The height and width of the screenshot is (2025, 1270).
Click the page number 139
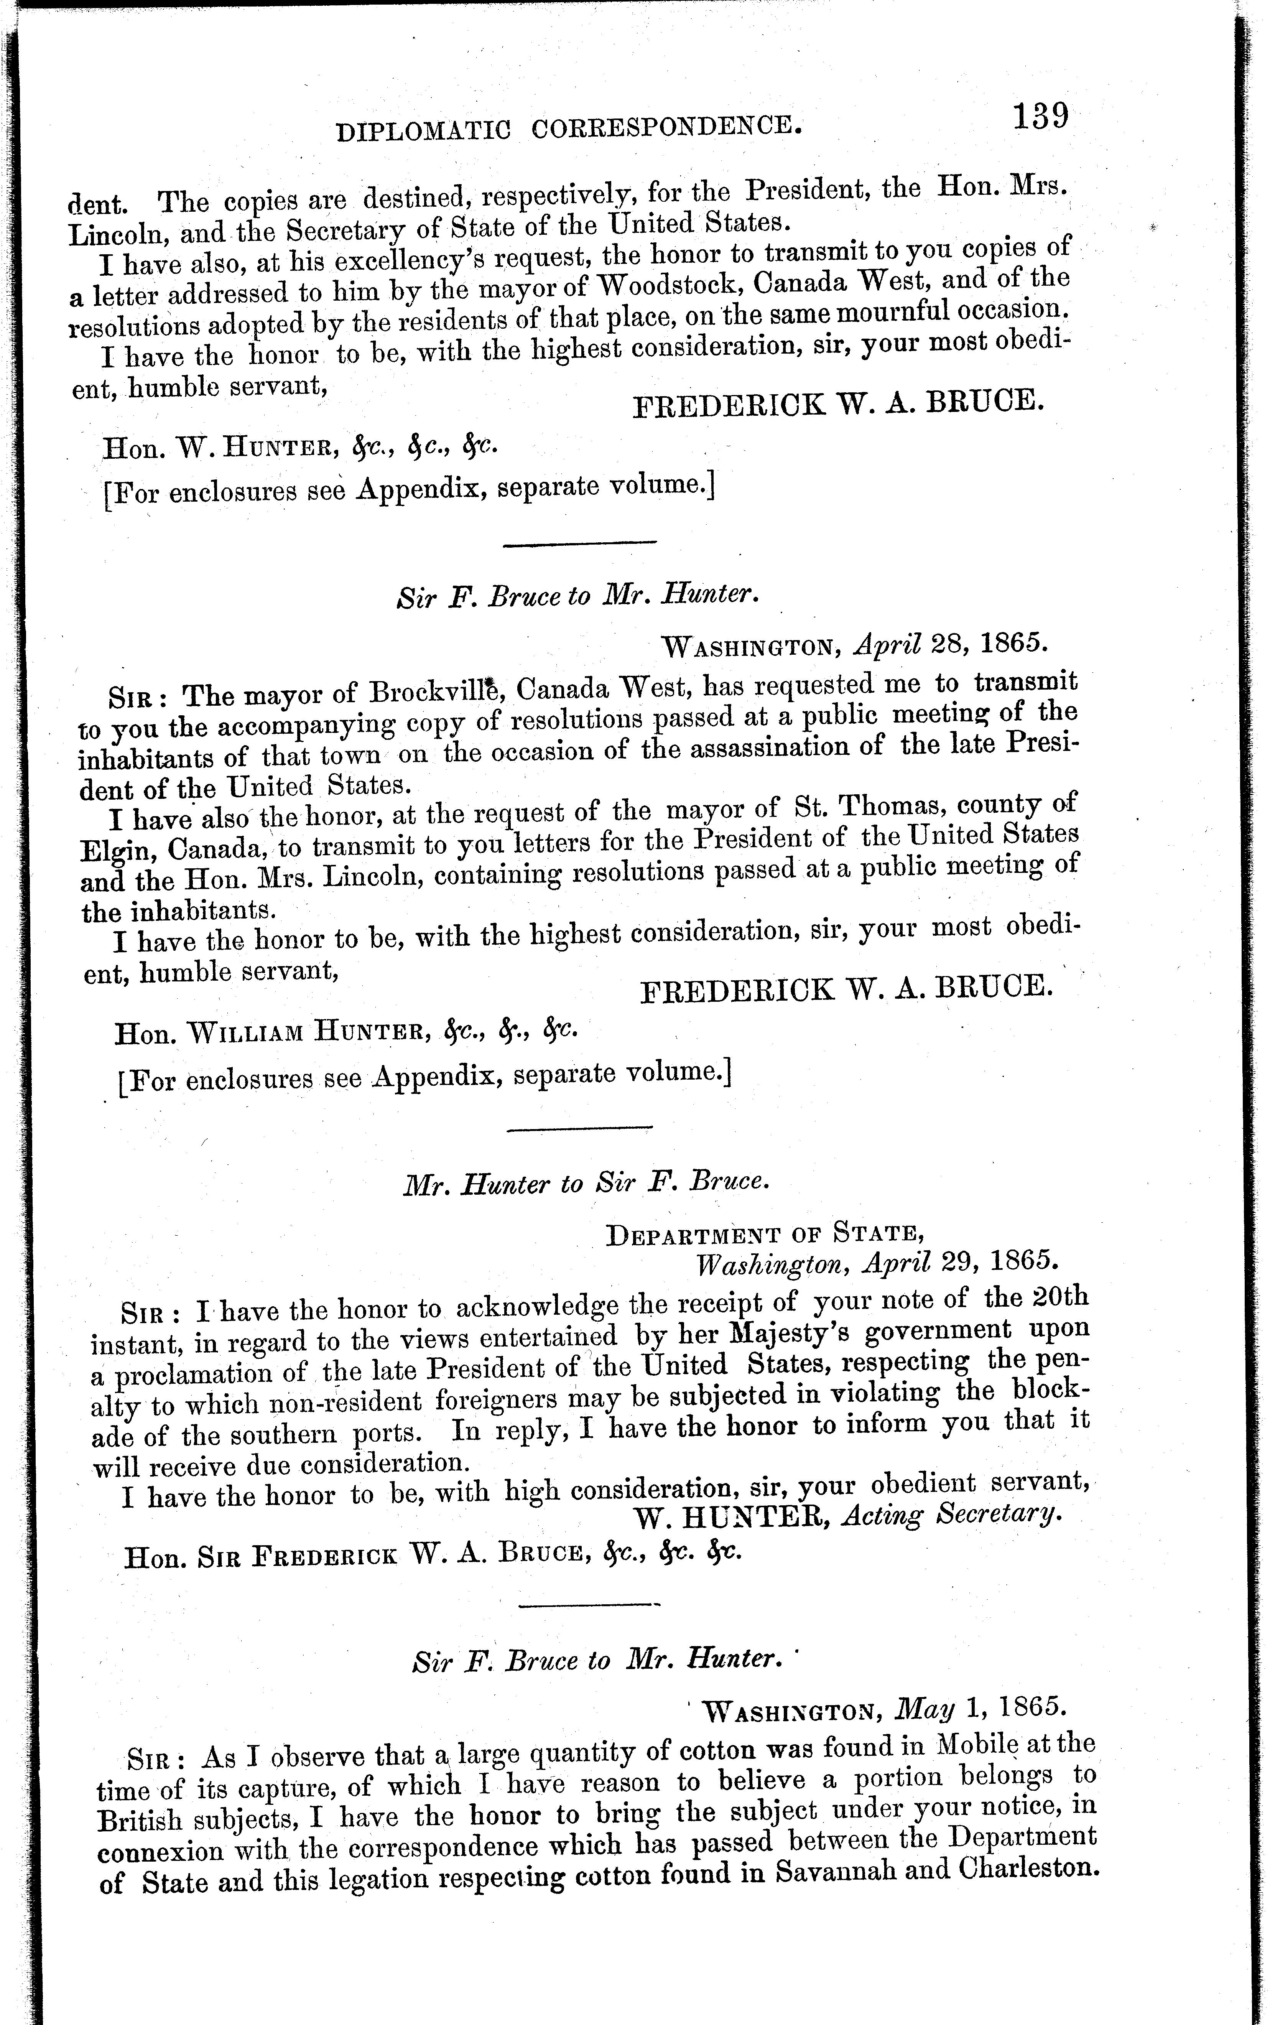(x=1040, y=115)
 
